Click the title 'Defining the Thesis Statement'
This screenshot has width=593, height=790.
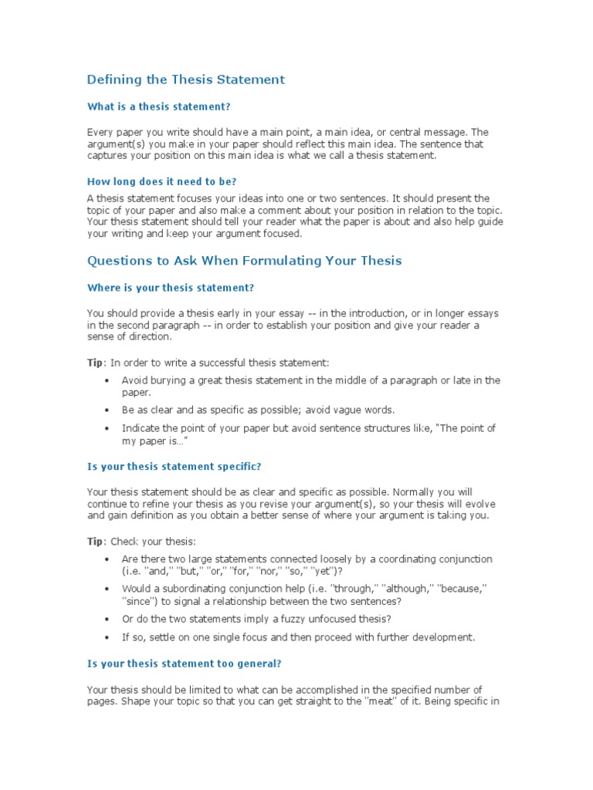(x=185, y=79)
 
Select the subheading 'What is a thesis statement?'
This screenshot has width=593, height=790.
(x=158, y=106)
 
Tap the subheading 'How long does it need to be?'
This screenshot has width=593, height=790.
(x=161, y=181)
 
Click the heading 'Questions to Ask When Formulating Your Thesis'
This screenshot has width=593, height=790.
(x=244, y=261)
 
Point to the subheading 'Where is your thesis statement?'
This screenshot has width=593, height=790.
(x=170, y=288)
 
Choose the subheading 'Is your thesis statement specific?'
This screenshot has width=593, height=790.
(x=174, y=466)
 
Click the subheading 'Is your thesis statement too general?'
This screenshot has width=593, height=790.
(x=184, y=663)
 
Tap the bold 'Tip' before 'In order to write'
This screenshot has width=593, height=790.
(x=93, y=362)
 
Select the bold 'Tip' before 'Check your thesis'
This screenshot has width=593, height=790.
(x=93, y=541)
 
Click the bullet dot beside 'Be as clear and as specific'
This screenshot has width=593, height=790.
(x=106, y=410)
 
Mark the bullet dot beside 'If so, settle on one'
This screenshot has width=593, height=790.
(x=106, y=637)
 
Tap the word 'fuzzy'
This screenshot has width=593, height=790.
(x=279, y=619)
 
